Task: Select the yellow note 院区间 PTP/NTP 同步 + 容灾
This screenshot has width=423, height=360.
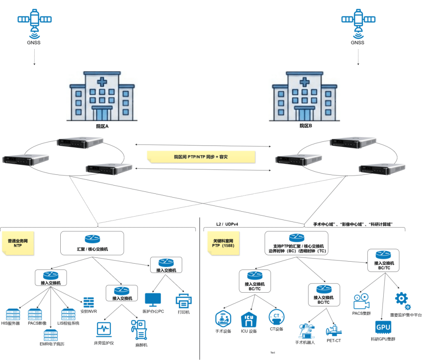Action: pos(201,157)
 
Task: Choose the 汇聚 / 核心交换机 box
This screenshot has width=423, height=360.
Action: pos(92,243)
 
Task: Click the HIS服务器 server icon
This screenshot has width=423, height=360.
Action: pos(13,314)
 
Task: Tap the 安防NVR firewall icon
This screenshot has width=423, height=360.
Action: pos(89,302)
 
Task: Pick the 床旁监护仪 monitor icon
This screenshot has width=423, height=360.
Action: pos(103,329)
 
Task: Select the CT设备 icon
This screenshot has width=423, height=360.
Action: pos(276,317)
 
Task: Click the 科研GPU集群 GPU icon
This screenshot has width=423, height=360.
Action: pos(383,327)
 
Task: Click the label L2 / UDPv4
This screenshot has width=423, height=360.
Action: pos(227,224)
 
